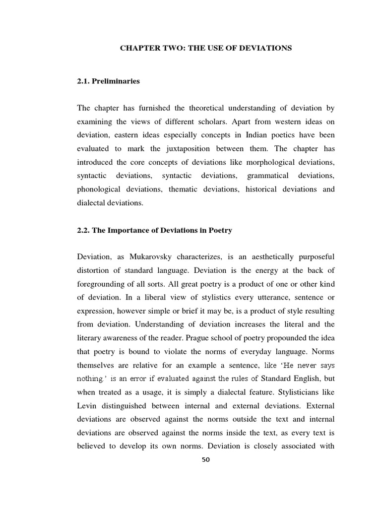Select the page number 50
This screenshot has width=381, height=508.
coord(206,459)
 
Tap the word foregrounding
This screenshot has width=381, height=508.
coord(103,283)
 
